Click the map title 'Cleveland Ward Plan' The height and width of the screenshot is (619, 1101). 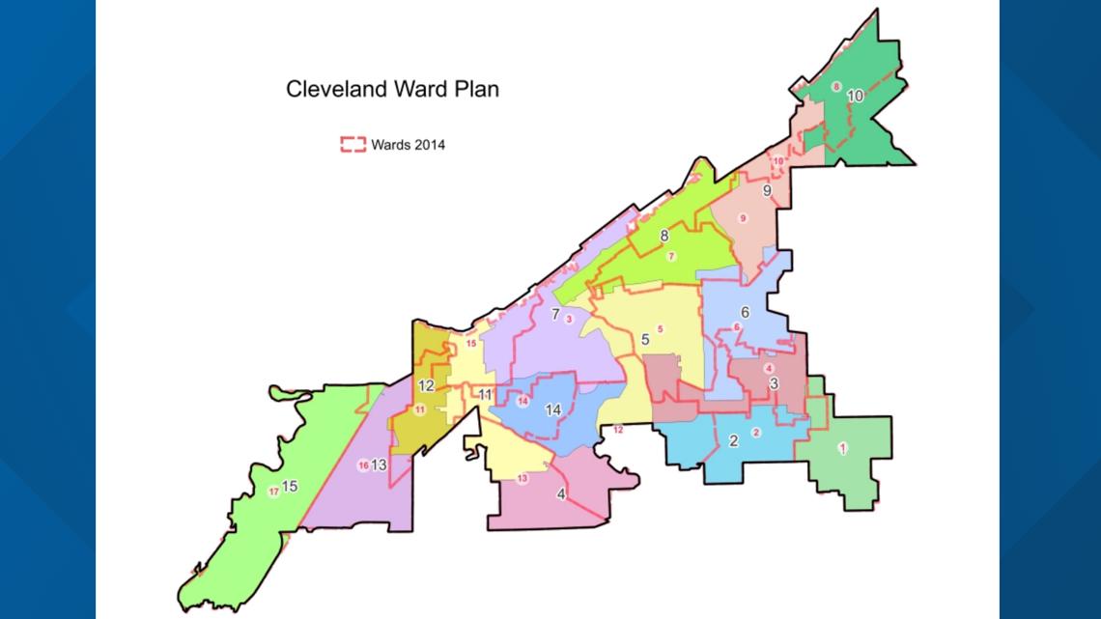(392, 90)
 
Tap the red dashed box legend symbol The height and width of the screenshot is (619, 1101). (353, 146)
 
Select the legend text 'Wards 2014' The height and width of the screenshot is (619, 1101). (408, 146)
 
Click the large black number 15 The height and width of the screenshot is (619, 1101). (290, 486)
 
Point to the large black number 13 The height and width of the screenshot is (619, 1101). (379, 465)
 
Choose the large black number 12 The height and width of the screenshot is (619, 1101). (426, 385)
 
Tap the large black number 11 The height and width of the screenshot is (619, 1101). (485, 394)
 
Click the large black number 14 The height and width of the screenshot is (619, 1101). (553, 409)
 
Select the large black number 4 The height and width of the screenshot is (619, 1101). (561, 494)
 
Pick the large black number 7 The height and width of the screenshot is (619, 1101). (555, 315)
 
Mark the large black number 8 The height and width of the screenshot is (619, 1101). (664, 236)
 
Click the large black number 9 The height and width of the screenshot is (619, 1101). (766, 191)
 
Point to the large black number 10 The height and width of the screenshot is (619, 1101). (855, 96)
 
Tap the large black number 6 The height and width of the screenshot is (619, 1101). (745, 312)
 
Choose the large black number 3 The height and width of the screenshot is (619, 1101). (774, 383)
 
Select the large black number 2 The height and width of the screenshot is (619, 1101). (733, 441)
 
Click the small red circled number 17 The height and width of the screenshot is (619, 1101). (273, 492)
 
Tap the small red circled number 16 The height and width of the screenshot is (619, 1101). (363, 465)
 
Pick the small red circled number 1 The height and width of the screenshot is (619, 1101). (842, 448)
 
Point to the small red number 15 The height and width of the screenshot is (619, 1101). (471, 343)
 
